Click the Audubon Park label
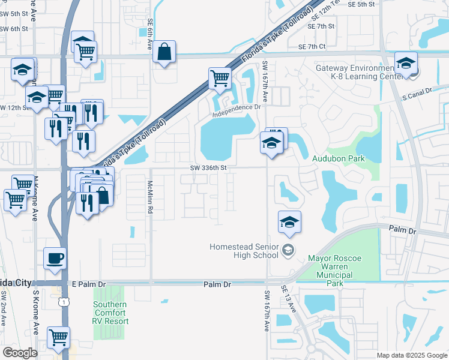pyautogui.click(x=339, y=158)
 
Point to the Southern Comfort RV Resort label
pyautogui.click(x=110, y=313)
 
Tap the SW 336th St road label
pyautogui.click(x=208, y=169)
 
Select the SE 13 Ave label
pyautogui.click(x=289, y=298)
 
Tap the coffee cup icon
pyautogui.click(x=55, y=258)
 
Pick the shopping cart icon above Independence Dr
pyautogui.click(x=220, y=78)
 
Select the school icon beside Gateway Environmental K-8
pyautogui.click(x=406, y=63)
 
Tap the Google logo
pyautogui.click(x=20, y=353)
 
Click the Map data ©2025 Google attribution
pyautogui.click(x=411, y=355)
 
